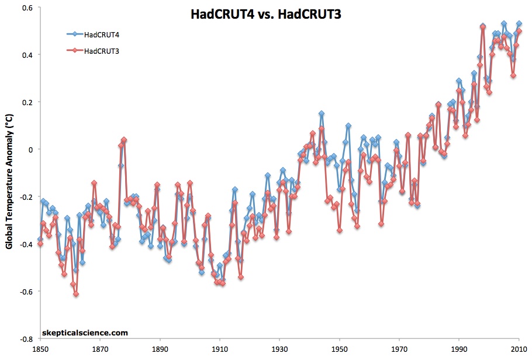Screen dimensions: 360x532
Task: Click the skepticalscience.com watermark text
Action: (85, 333)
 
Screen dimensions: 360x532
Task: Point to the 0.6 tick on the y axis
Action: (27, 8)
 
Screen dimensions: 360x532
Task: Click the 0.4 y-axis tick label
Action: (27, 55)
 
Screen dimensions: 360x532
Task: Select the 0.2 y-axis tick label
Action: (27, 102)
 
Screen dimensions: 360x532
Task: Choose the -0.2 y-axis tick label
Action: (26, 197)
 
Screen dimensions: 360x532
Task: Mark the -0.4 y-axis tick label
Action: (26, 244)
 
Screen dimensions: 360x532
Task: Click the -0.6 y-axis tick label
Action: (26, 292)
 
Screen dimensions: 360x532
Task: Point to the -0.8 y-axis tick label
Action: (26, 339)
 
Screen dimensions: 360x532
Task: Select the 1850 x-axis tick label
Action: (39, 349)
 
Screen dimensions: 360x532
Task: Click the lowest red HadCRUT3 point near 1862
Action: (76, 294)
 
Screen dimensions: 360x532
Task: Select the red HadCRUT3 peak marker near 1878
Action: (124, 140)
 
